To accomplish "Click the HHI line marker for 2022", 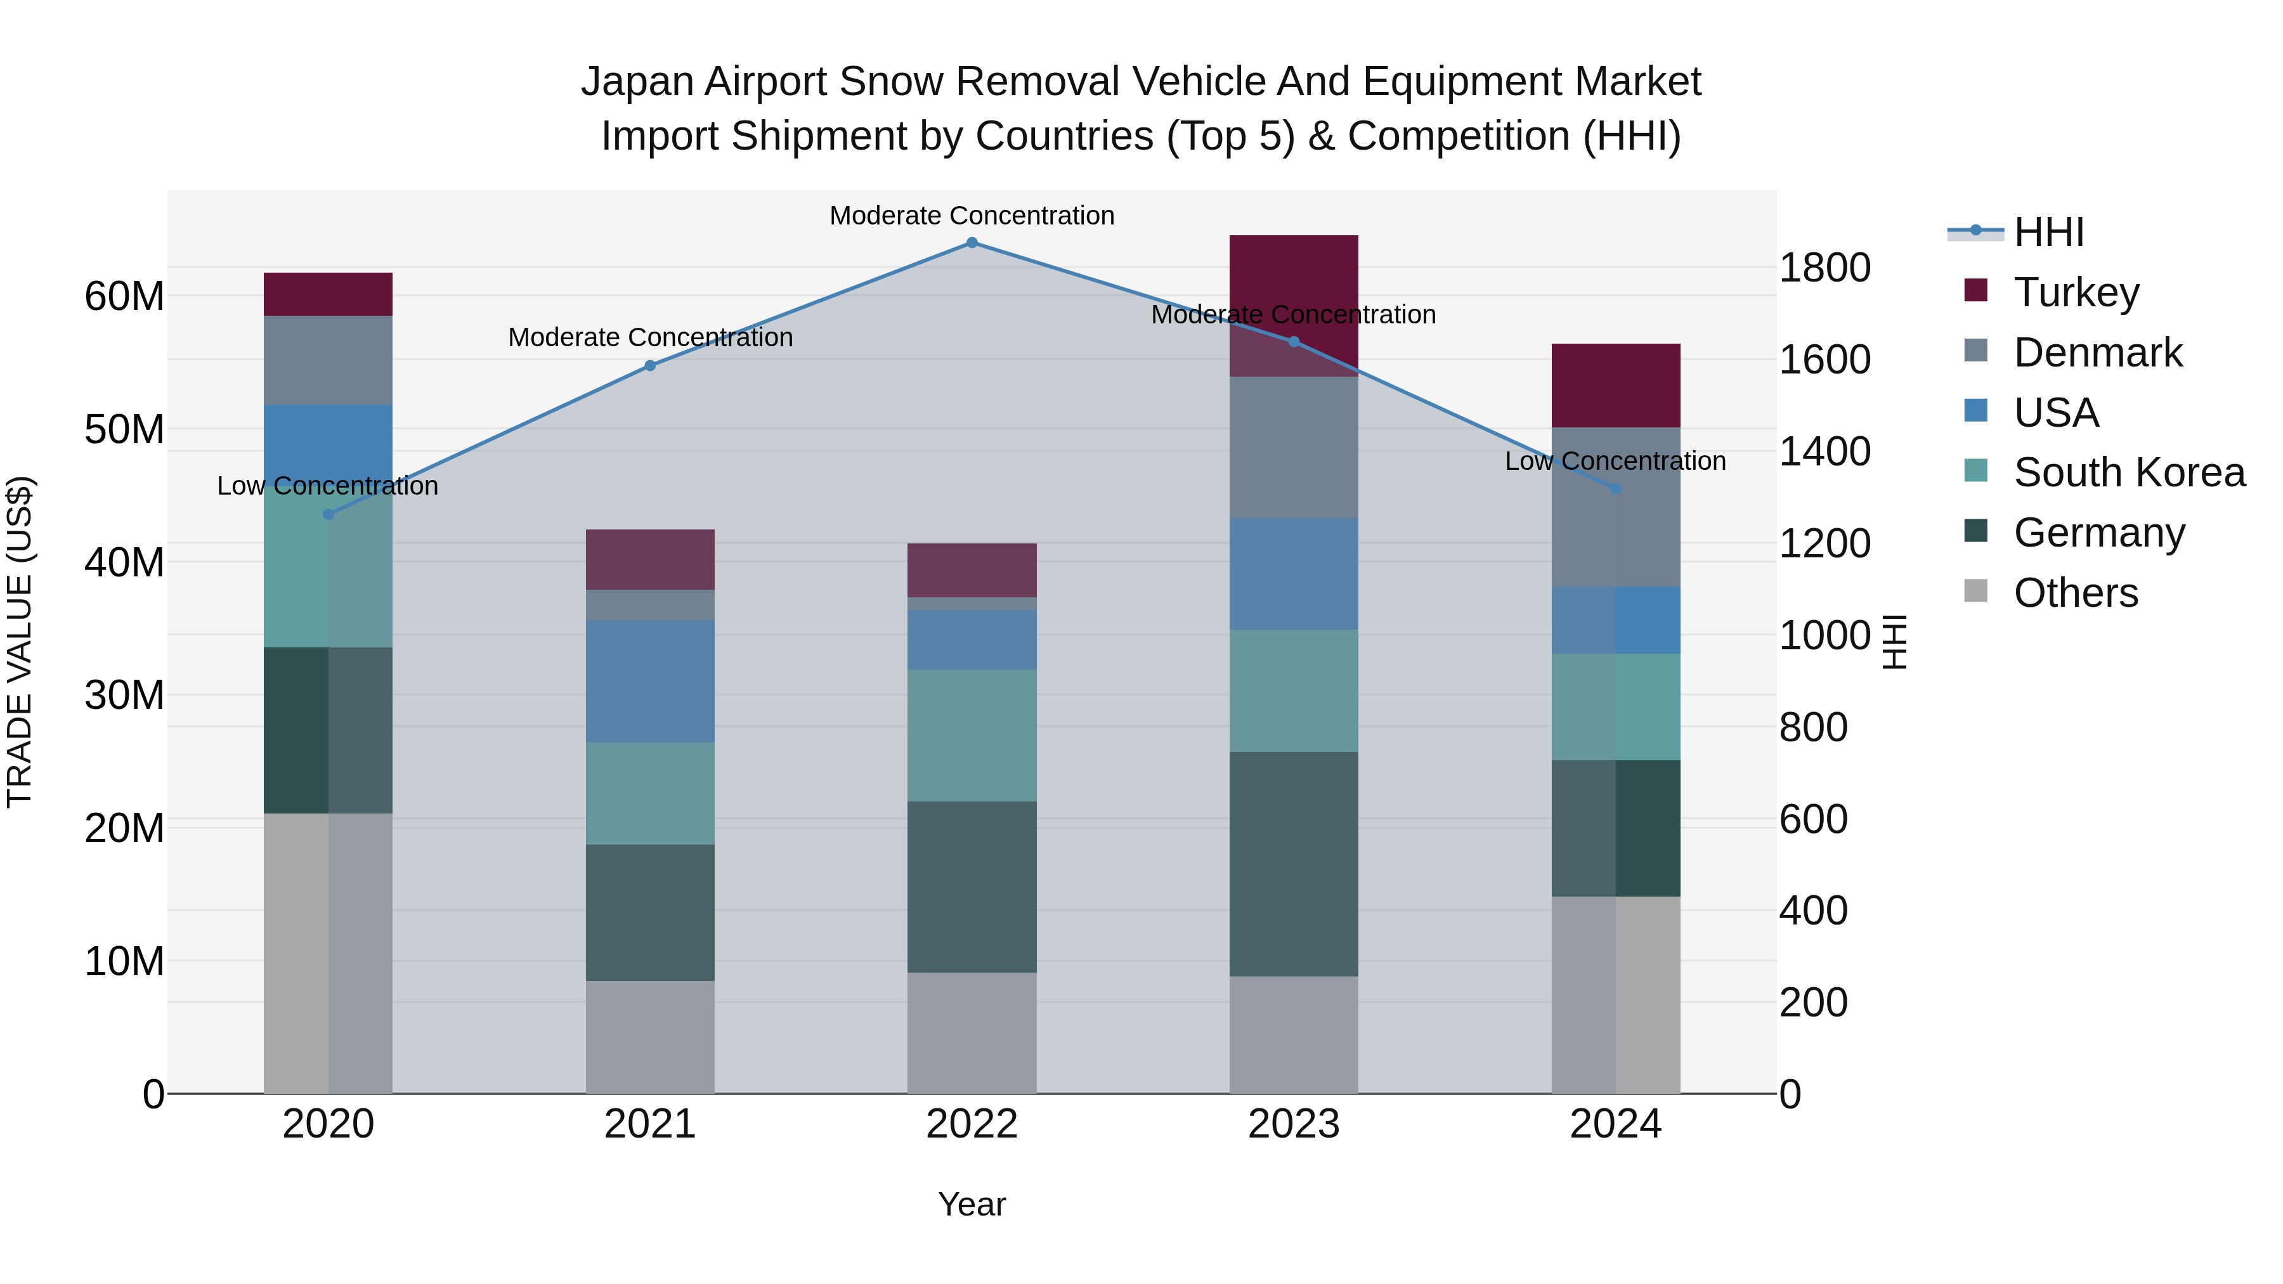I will point(972,243).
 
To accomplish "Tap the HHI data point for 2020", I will point(328,514).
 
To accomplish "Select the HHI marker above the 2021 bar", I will point(649,365).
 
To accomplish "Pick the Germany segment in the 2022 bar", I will point(972,886).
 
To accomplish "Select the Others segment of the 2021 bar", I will point(649,1036).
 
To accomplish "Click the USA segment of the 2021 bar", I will point(649,680).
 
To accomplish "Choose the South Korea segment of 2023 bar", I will point(1293,691).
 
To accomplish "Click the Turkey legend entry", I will point(2075,292).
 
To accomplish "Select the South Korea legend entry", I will point(2128,472).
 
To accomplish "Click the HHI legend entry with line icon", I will point(2047,232).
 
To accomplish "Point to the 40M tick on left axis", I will point(124,562).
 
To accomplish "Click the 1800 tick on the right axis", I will point(1824,268).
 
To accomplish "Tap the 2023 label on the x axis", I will point(1293,1124).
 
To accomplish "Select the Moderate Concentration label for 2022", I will point(972,216).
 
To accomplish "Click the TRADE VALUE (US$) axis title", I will point(20,642).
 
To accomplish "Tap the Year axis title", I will point(972,1204).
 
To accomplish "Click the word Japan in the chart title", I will point(635,82).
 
